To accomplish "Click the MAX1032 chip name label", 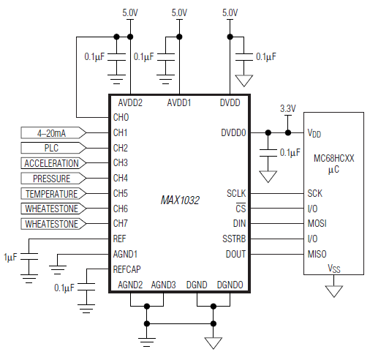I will pos(179,199).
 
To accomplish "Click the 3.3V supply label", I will pos(288,108).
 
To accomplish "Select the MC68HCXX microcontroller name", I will pos(333,157).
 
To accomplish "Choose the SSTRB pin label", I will pos(233,239).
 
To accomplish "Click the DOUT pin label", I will pos(235,254).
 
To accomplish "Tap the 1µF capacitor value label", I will pos(10,258).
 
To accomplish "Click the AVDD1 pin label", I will pos(178,103).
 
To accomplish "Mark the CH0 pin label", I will pos(121,117).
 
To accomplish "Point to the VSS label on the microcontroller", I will pos(333,268).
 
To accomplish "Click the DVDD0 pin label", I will pos(234,133).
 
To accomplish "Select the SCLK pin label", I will pos(235,194).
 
